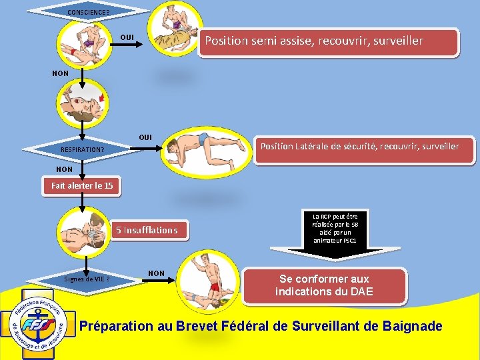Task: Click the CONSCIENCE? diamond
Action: [89, 11]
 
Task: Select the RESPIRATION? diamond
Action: [83, 149]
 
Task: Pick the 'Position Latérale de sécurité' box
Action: [359, 146]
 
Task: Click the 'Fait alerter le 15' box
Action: [82, 186]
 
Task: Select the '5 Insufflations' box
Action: [147, 230]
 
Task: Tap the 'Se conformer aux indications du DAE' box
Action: [323, 285]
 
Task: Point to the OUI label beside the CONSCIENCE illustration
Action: [127, 35]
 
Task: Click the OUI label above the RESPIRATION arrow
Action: [145, 137]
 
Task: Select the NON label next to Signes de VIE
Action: [156, 273]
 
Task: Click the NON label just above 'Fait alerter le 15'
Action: [65, 169]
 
